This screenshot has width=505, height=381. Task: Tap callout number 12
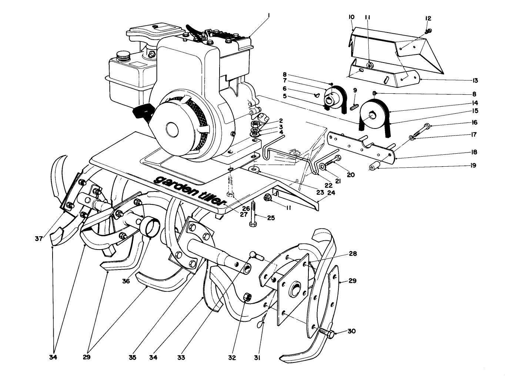[428, 18]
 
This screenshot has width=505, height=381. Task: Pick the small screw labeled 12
[429, 30]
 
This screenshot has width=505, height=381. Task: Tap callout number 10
[351, 17]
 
